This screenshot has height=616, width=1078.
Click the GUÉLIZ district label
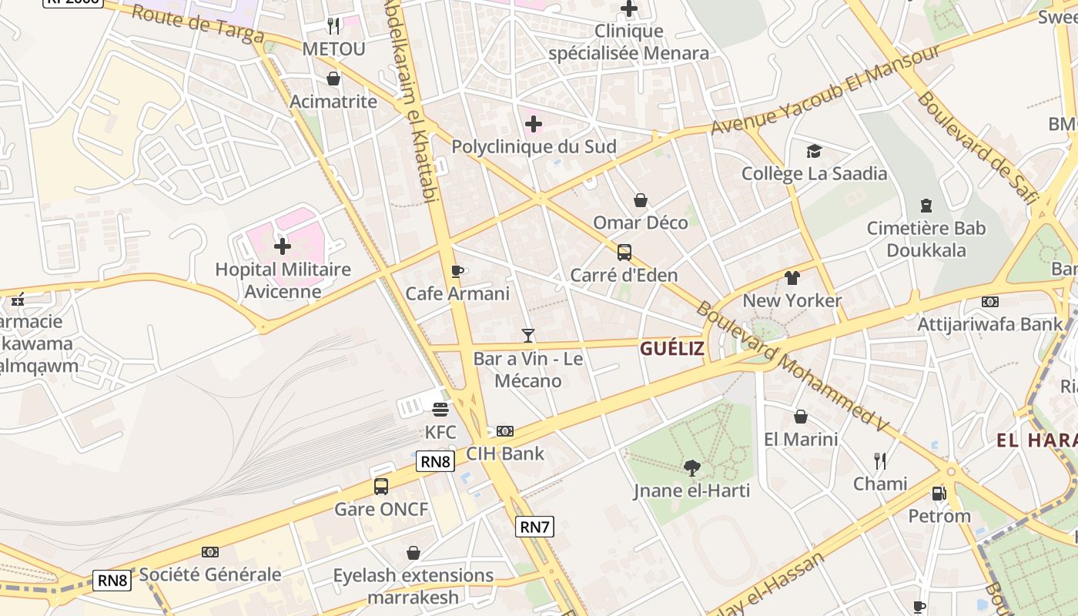[x=671, y=349]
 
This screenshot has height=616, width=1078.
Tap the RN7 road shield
[x=534, y=527]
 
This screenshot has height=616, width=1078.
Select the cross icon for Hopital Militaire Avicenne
[x=283, y=246]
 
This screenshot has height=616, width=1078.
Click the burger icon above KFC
[x=440, y=409]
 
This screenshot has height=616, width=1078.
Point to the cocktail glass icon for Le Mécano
[x=527, y=335]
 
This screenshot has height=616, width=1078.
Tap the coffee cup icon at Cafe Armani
[x=457, y=271]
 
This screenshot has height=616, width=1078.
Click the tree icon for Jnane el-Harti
[x=691, y=467]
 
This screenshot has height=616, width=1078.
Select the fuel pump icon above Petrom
[x=939, y=494]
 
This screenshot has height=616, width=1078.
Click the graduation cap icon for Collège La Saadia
[x=814, y=151]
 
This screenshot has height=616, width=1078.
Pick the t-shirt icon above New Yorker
[x=792, y=278]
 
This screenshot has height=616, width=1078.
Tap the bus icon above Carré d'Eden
[x=624, y=253]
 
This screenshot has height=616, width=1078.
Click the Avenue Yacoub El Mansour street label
[x=825, y=89]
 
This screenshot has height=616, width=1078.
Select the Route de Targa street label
[x=198, y=25]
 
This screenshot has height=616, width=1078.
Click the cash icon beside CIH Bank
[x=505, y=431]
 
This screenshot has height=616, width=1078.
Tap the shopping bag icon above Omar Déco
[x=640, y=201]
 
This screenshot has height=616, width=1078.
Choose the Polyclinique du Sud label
[x=534, y=146]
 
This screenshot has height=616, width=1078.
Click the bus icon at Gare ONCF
[x=380, y=487]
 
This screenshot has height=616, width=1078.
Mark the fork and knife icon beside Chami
[x=880, y=461]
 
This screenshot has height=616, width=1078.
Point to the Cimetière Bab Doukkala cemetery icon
[x=926, y=206]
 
